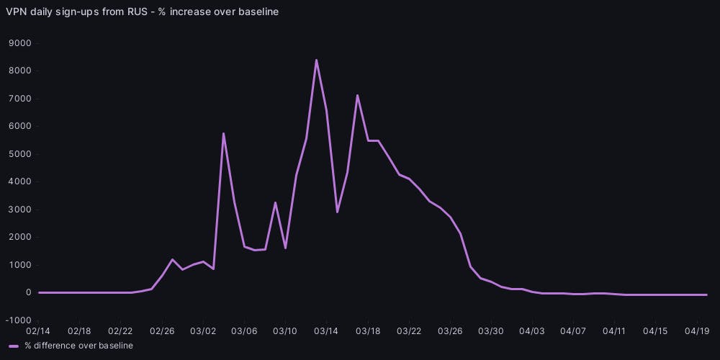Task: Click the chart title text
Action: [142, 12]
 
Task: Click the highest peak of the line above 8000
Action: [316, 60]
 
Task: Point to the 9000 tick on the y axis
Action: [20, 43]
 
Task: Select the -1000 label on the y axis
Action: [19, 320]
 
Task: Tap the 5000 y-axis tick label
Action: [20, 154]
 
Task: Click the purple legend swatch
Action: [14, 346]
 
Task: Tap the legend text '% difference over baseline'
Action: [78, 346]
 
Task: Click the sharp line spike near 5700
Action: [224, 133]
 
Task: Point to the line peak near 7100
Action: [357, 95]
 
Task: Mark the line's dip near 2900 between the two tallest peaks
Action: [337, 212]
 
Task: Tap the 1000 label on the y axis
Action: [20, 265]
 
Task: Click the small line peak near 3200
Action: [275, 202]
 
